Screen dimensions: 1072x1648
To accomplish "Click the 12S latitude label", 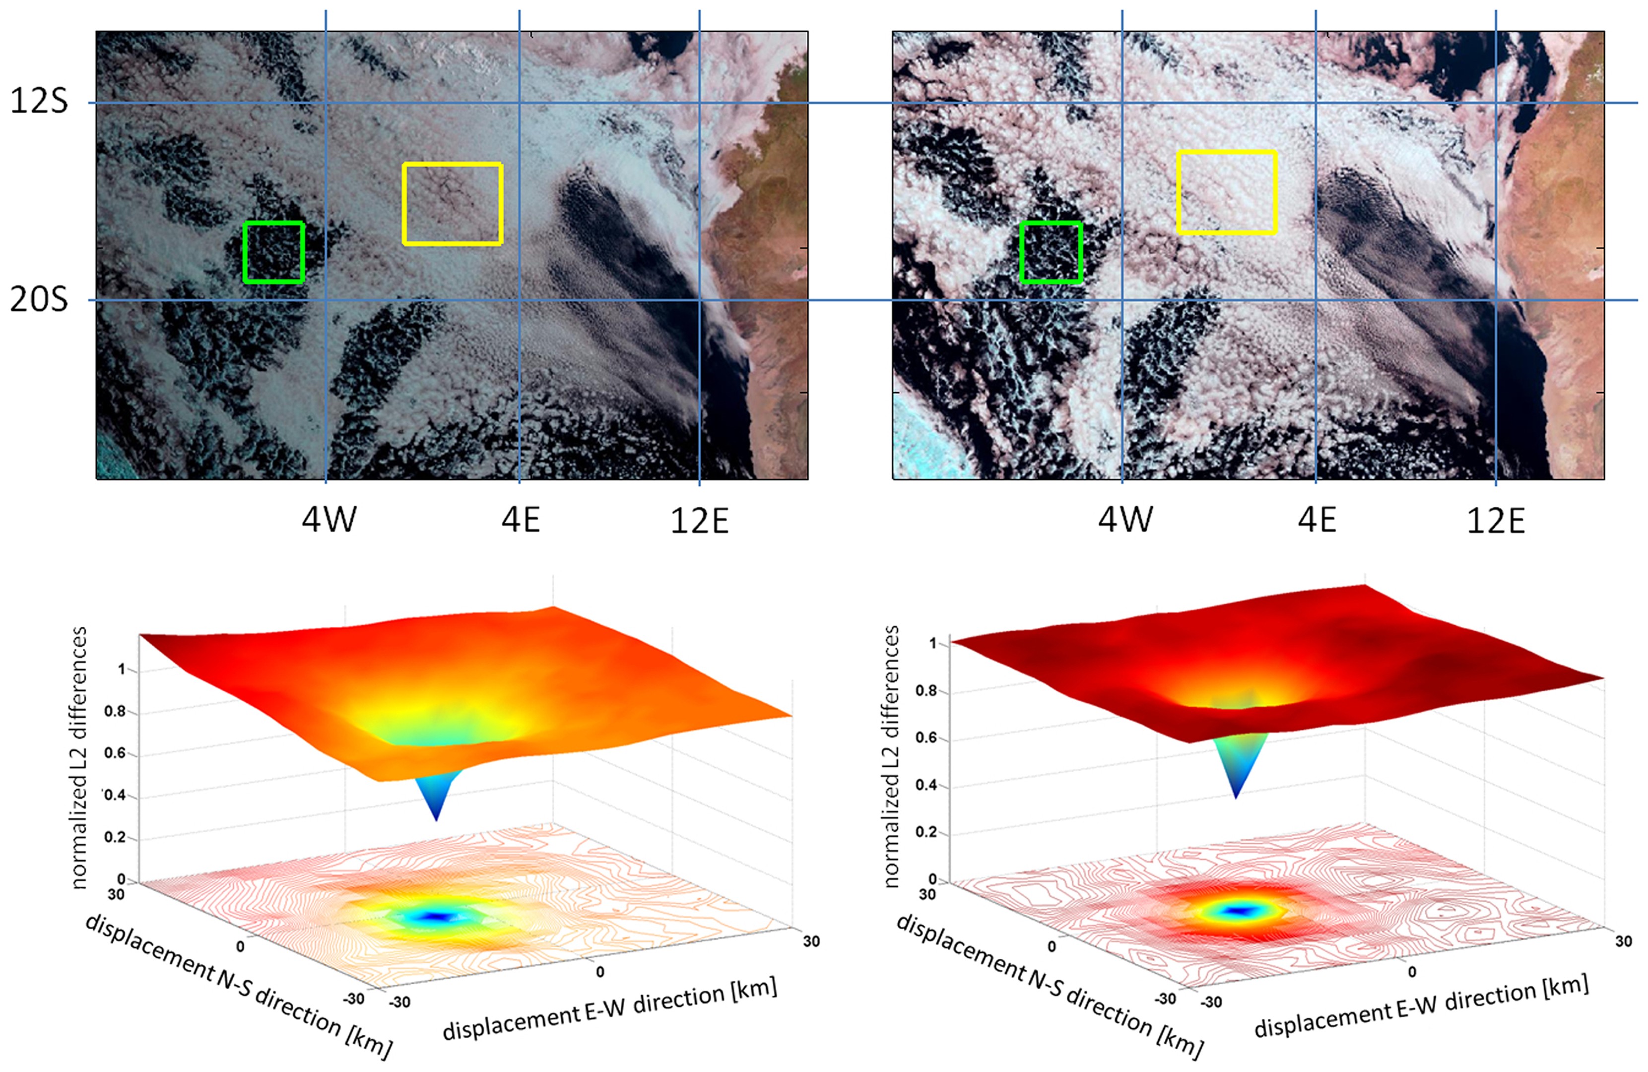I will (39, 102).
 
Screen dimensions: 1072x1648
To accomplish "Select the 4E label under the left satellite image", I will (521, 520).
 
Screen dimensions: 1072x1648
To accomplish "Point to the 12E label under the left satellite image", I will (699, 521).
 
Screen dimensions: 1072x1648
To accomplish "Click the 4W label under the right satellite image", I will (1125, 520).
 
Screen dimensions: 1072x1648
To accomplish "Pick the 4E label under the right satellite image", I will (1317, 520).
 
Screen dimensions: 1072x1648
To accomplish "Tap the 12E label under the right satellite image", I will (1496, 521).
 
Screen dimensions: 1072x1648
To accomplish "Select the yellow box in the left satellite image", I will (453, 204).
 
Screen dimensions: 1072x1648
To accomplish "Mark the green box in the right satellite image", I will (1051, 252).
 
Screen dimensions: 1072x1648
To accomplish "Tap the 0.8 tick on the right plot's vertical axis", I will (925, 691).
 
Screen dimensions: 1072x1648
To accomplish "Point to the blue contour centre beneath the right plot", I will (1236, 911).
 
